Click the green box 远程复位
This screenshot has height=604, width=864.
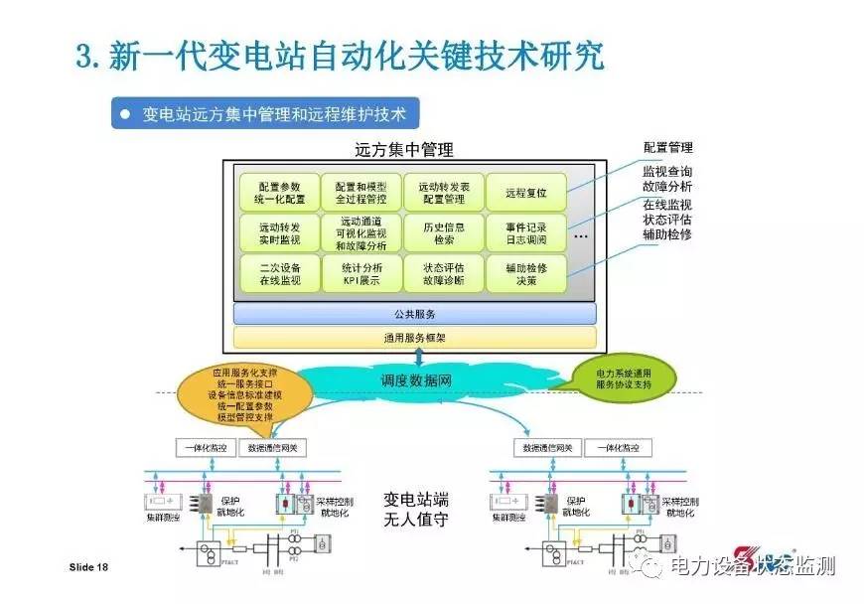click(x=525, y=192)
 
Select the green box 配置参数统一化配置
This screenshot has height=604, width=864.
click(x=279, y=192)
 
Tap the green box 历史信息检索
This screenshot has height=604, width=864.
click(x=443, y=233)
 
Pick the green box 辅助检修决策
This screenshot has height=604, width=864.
click(x=525, y=274)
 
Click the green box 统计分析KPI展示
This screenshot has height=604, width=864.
click(x=361, y=274)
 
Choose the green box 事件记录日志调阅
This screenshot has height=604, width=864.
click(x=525, y=233)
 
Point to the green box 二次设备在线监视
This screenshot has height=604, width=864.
click(x=279, y=274)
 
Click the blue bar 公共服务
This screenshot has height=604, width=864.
click(x=414, y=314)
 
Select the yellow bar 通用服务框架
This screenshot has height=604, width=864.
click(x=414, y=338)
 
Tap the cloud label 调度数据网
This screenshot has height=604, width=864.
click(x=416, y=380)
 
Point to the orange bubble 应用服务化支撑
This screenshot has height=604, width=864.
click(x=242, y=393)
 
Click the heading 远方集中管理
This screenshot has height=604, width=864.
click(x=403, y=151)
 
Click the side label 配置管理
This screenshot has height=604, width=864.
click(x=667, y=147)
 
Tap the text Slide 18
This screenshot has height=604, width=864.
click(x=88, y=567)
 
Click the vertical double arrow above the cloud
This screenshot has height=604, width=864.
click(x=418, y=356)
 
